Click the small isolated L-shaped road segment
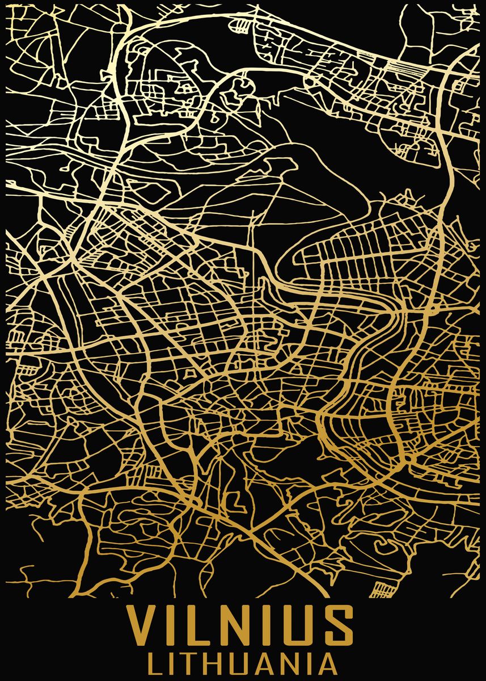233,502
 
